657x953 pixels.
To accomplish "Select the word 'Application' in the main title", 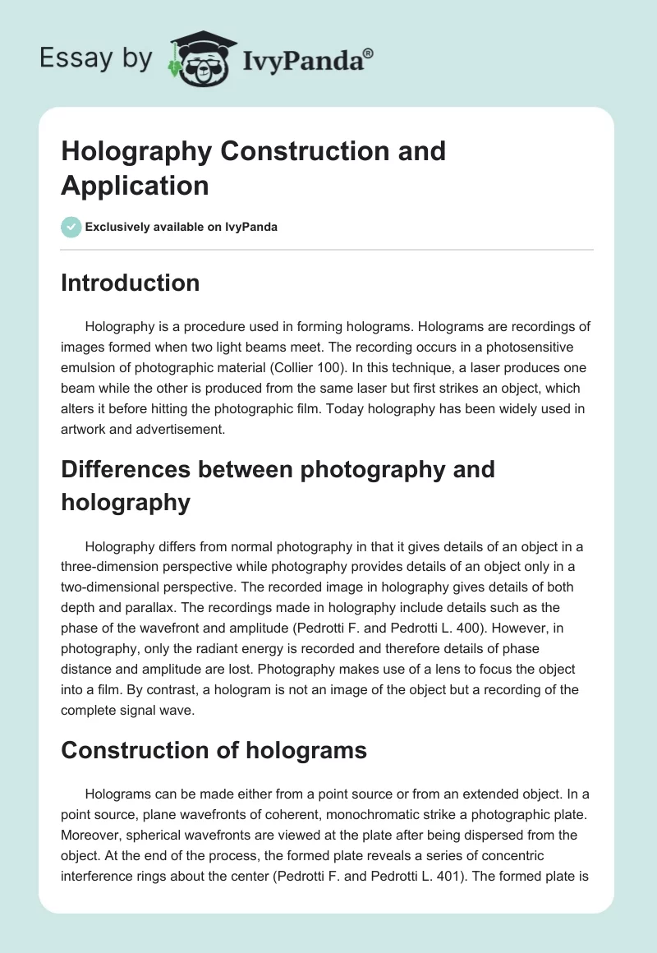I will coord(135,186).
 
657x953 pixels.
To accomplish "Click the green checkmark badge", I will coord(71,227).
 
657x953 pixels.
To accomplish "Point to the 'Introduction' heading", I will coord(131,283).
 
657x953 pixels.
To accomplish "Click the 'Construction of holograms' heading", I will coord(202,749).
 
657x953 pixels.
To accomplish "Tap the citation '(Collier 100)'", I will coord(393,366).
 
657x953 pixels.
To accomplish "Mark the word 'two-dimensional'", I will coord(114,587).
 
